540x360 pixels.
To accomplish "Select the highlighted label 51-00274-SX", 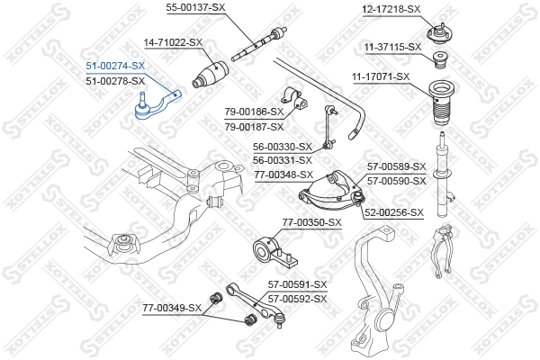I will (x=114, y=67).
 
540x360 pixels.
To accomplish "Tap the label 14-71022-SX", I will (x=174, y=42).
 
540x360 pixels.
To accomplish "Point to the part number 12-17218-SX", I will (x=391, y=9).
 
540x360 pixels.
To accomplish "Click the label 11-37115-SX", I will (x=392, y=46).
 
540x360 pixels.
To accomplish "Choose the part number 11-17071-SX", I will (x=380, y=77).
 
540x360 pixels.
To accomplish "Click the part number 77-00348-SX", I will (x=283, y=175).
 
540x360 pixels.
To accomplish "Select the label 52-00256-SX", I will (x=393, y=212).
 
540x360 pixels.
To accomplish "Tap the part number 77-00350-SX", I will (x=312, y=221).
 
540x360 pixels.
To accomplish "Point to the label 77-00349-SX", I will (x=172, y=309).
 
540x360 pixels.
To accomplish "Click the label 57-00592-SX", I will (x=298, y=298).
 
